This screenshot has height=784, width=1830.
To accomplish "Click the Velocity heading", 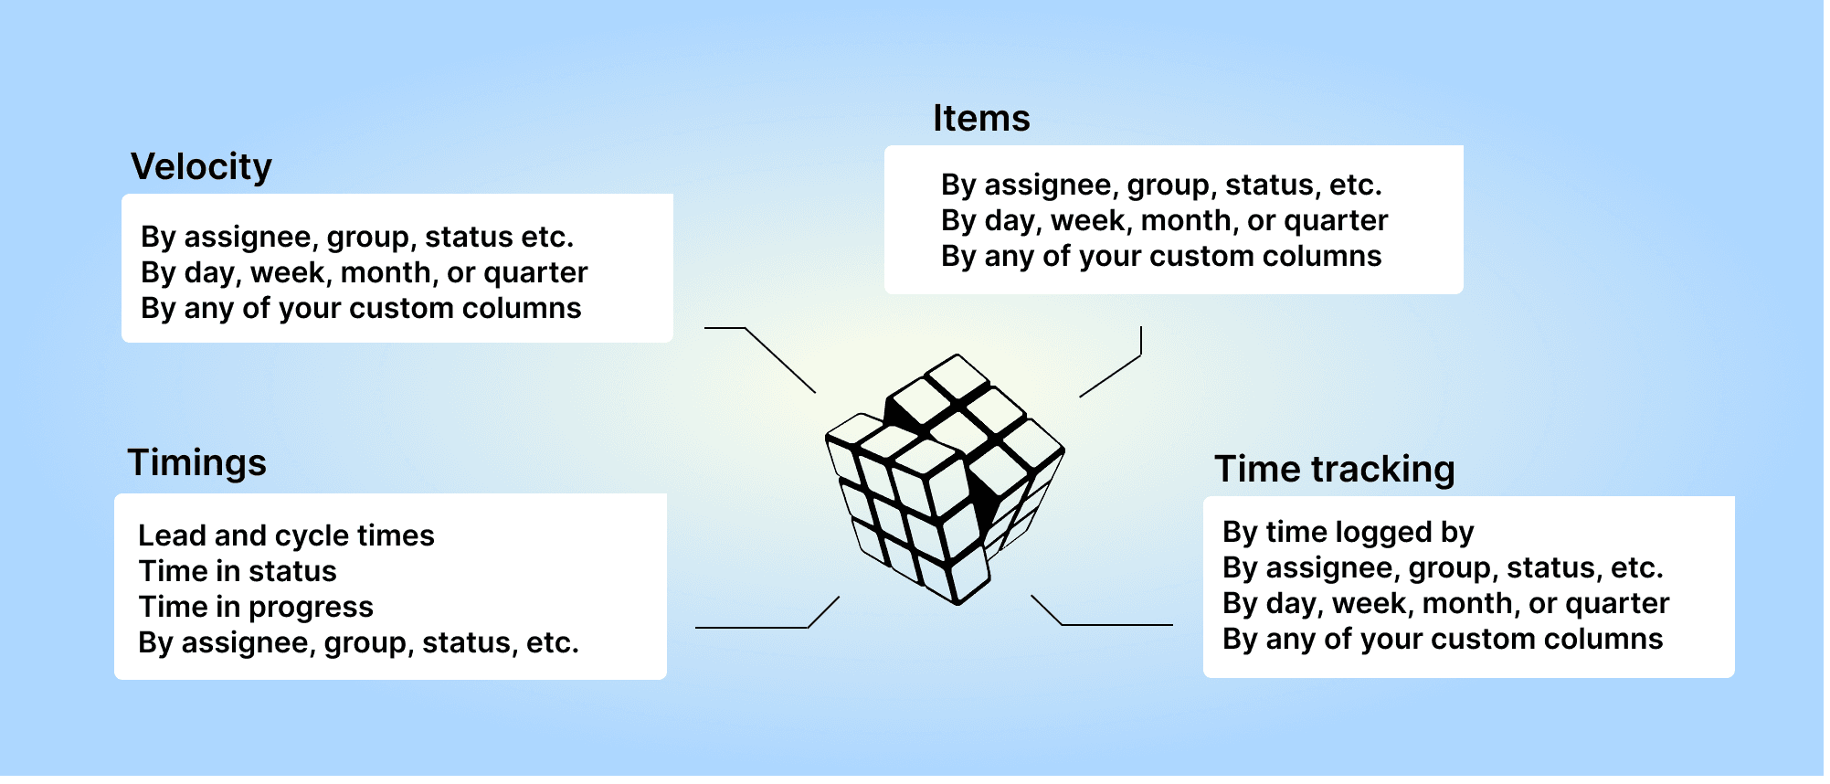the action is (202, 167).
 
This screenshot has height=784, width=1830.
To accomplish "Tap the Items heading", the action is (982, 119).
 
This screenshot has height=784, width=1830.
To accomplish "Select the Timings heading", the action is (197, 463).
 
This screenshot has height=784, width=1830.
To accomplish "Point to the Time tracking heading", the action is (1335, 470).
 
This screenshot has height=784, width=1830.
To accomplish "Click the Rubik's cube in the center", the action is (947, 480).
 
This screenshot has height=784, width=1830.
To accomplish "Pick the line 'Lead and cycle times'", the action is (287, 535).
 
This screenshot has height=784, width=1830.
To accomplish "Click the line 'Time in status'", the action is (238, 571).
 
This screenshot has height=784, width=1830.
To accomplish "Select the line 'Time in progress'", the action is (257, 607).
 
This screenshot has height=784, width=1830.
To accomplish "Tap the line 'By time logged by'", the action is (1349, 533).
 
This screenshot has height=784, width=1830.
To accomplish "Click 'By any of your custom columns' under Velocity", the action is (362, 309).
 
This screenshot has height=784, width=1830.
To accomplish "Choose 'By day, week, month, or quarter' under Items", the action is (1165, 221).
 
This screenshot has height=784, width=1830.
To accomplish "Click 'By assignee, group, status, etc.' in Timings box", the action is (359, 643).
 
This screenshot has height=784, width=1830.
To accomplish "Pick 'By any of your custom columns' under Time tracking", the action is (1444, 640).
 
